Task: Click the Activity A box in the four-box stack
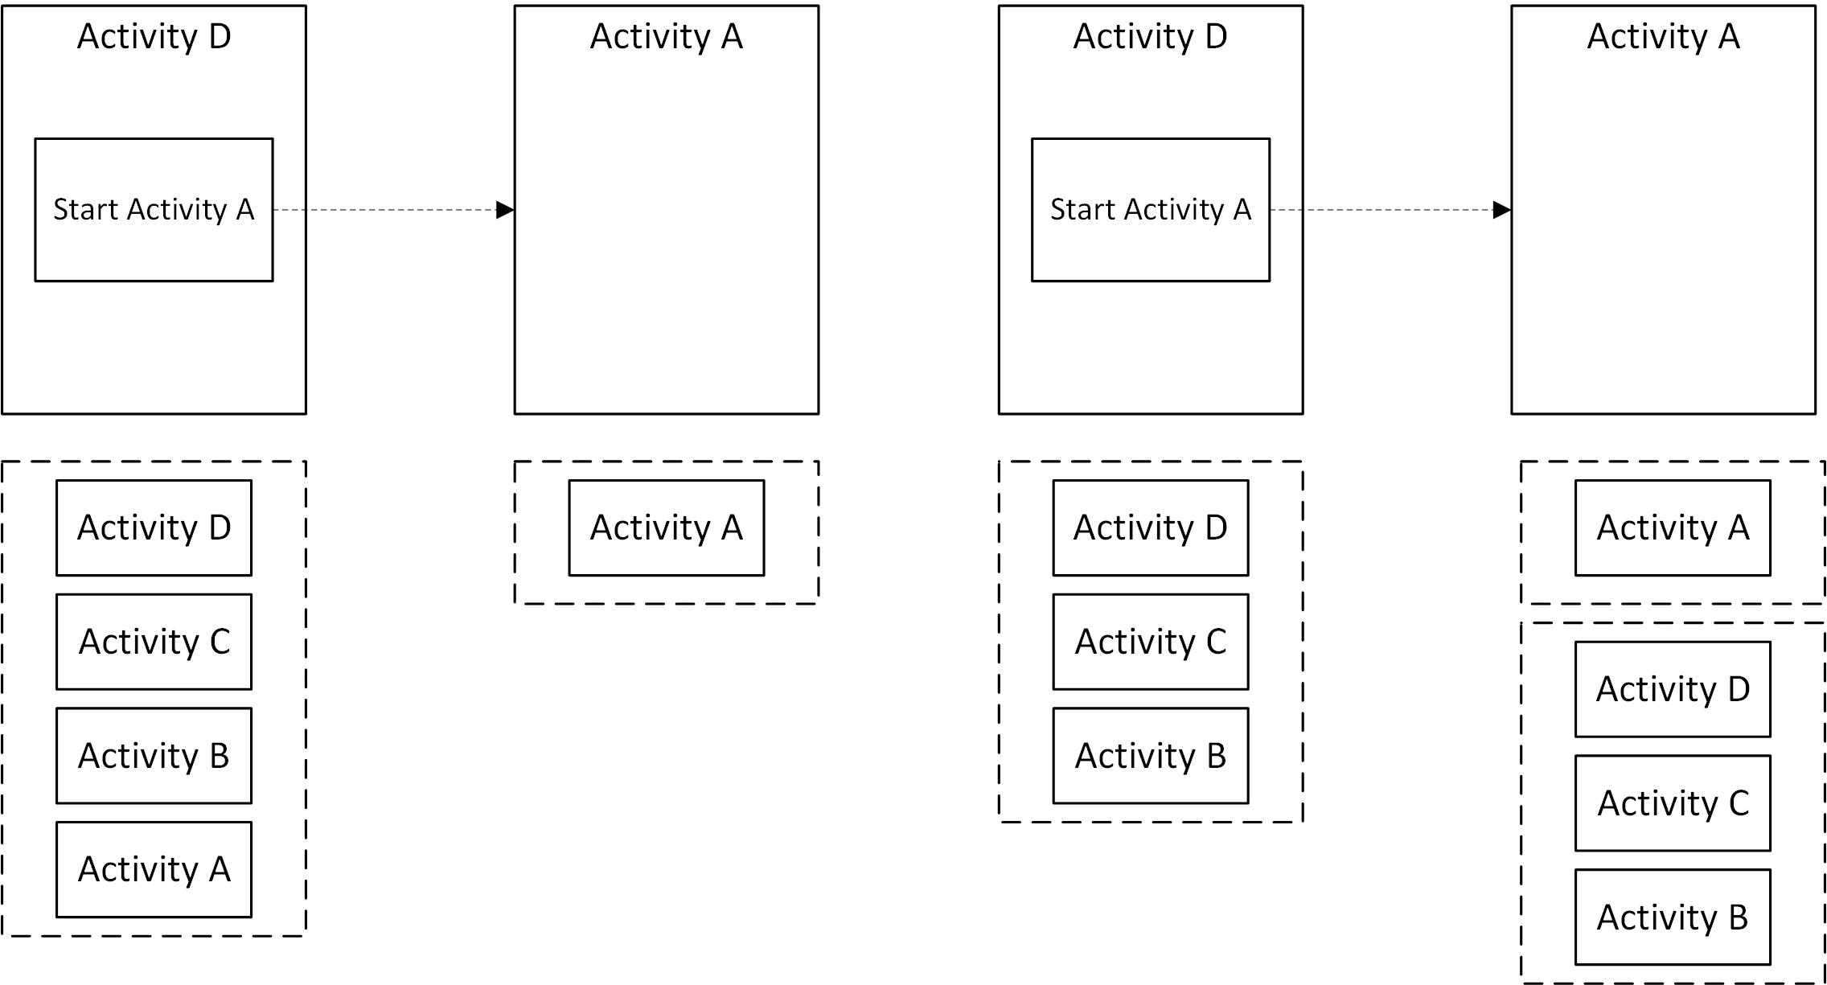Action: (x=154, y=869)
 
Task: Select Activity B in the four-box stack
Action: (x=154, y=755)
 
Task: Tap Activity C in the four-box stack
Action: (x=154, y=642)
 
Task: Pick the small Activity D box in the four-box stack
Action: (x=154, y=527)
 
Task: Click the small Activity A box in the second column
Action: (x=667, y=527)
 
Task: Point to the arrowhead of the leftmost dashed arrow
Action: (x=505, y=210)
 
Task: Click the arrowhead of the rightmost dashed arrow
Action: (x=1501, y=210)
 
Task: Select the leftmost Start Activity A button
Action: (x=154, y=210)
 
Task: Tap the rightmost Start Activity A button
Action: (x=1151, y=210)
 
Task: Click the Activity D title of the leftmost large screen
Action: (x=154, y=36)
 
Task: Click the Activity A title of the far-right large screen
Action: (x=1663, y=36)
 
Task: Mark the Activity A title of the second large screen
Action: (x=667, y=36)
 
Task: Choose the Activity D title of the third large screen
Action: (x=1151, y=36)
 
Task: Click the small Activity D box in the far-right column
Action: (x=1673, y=689)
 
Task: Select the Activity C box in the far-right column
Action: (x=1673, y=802)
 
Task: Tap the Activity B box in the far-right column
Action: (x=1673, y=917)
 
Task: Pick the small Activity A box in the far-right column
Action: (x=1673, y=527)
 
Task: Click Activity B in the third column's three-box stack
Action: (x=1151, y=755)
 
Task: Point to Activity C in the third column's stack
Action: (x=1151, y=642)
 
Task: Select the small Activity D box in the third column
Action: (x=1151, y=527)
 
